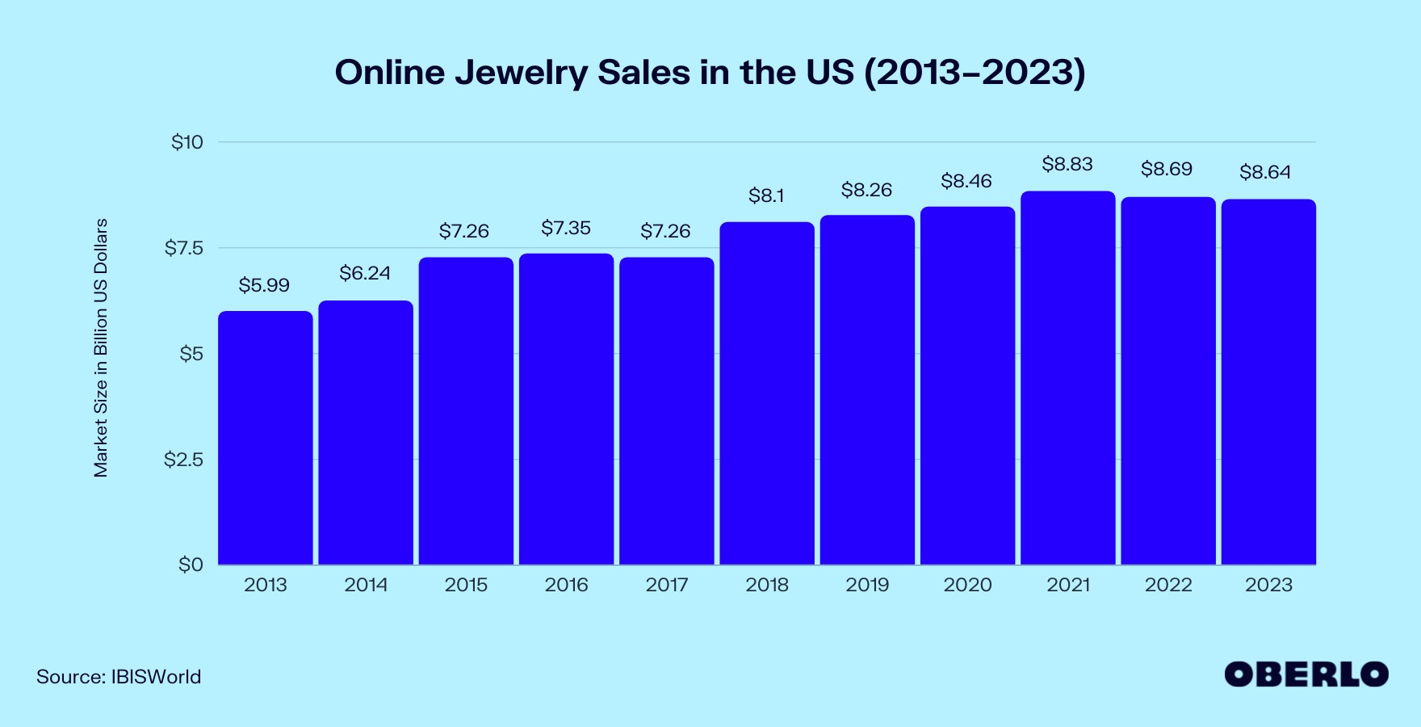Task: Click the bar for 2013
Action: (x=265, y=438)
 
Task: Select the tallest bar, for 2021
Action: (x=1067, y=378)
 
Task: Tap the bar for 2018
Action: (x=767, y=393)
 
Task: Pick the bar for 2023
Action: (x=1268, y=382)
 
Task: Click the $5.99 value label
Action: (x=264, y=285)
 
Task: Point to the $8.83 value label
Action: (x=1067, y=165)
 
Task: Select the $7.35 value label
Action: (x=566, y=229)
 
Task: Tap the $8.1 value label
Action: (x=766, y=195)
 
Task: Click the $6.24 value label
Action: (x=365, y=274)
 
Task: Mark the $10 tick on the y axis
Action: (x=187, y=142)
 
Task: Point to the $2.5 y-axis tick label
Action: (x=183, y=460)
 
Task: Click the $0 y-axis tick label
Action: (x=191, y=565)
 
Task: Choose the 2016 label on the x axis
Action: (x=566, y=585)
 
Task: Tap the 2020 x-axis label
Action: (x=967, y=585)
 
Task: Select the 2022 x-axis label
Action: (x=1168, y=585)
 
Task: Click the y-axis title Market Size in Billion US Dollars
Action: (x=101, y=348)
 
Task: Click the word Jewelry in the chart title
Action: (x=522, y=73)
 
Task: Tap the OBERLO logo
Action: (x=1306, y=674)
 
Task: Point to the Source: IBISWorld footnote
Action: (x=119, y=677)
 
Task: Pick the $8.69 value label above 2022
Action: (x=1167, y=170)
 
